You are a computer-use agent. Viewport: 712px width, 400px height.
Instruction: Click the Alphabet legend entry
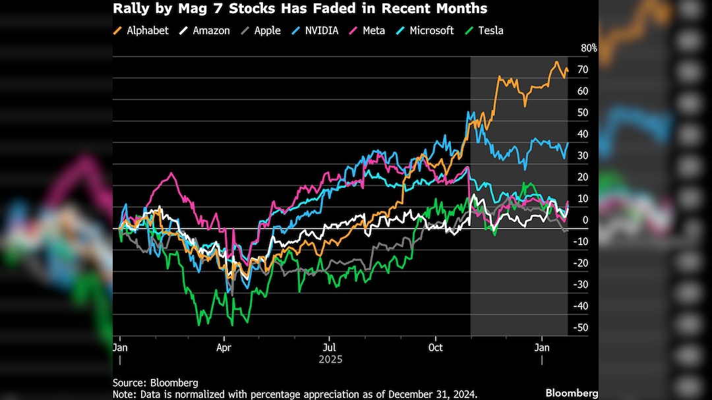(x=141, y=30)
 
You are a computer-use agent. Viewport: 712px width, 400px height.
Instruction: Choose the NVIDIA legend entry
(x=316, y=30)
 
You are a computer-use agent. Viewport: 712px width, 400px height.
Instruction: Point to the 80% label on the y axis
(x=589, y=48)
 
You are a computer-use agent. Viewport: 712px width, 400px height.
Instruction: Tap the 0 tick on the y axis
(x=584, y=220)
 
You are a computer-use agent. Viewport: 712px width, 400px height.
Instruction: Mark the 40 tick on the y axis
(x=583, y=134)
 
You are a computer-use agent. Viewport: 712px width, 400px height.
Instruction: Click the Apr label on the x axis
(x=224, y=347)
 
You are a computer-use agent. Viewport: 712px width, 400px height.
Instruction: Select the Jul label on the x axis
(x=330, y=347)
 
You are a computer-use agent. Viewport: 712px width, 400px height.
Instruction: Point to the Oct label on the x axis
(x=435, y=347)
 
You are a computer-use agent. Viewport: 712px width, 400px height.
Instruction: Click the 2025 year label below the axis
(x=330, y=360)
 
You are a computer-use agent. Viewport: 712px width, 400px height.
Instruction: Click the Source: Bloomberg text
(x=155, y=382)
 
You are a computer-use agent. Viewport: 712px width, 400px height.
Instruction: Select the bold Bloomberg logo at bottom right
(x=571, y=393)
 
